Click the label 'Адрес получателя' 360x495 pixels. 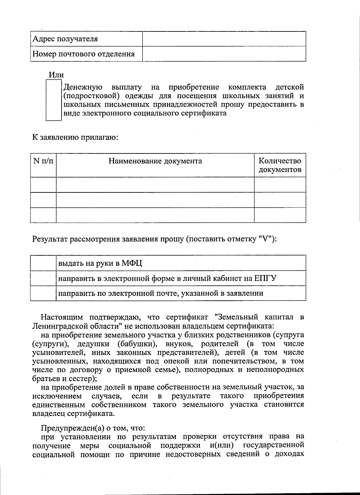[x=65, y=39]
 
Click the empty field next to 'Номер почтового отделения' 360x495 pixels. [x=224, y=54]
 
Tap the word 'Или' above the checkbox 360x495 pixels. [x=56, y=75]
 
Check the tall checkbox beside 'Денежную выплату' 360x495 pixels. [x=54, y=100]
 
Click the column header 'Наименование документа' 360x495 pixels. [x=155, y=161]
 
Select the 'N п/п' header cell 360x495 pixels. [x=43, y=161]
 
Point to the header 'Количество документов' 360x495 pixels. [x=280, y=165]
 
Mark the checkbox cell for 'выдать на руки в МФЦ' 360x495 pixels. [x=43, y=263]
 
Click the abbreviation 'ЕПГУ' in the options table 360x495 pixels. [x=265, y=279]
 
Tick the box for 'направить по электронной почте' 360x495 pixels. [x=43, y=293]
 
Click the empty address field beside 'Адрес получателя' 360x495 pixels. [x=224, y=39]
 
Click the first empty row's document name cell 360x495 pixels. [x=155, y=185]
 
